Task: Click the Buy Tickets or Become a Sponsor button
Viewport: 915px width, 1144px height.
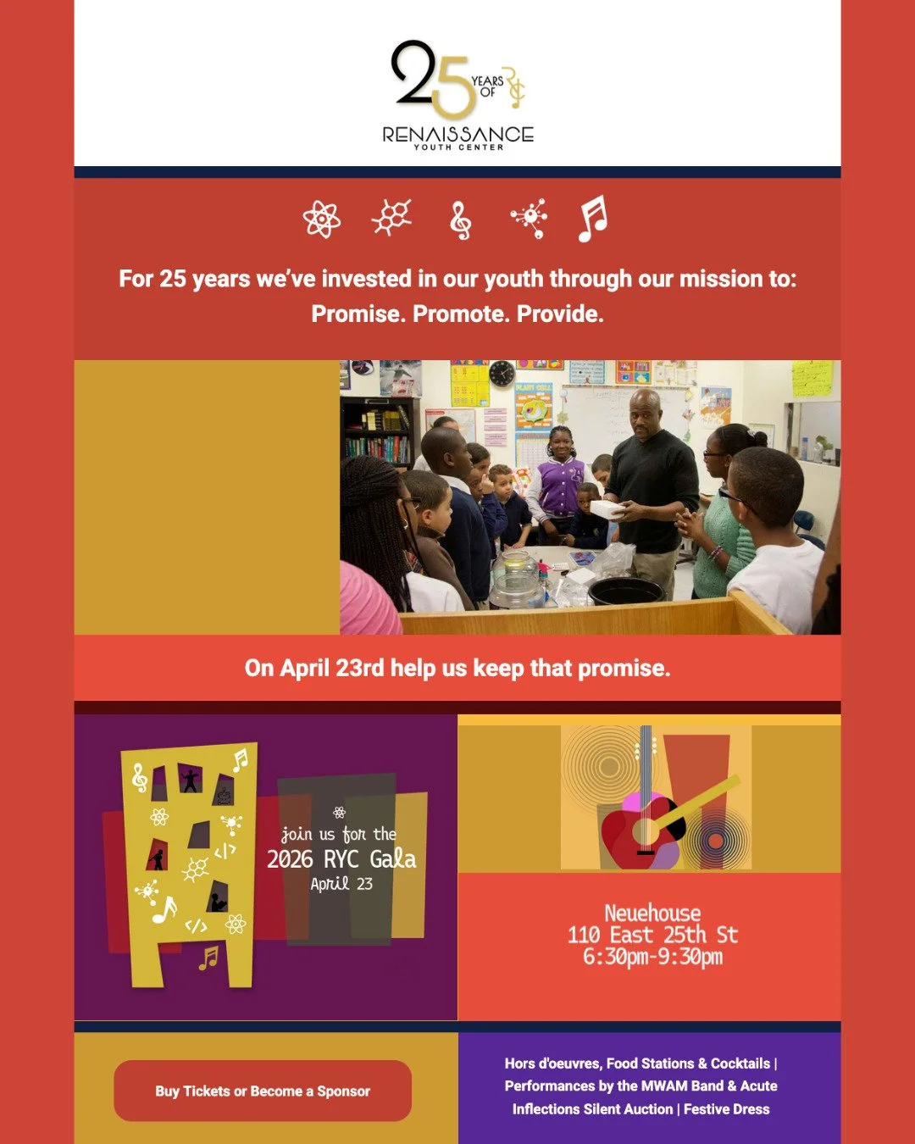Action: click(263, 1091)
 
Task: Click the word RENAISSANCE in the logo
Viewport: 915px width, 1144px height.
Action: click(457, 134)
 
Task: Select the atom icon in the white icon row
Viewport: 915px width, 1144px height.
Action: click(322, 219)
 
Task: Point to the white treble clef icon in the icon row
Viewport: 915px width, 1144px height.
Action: click(460, 220)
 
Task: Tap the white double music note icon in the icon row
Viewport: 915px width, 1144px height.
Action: click(593, 219)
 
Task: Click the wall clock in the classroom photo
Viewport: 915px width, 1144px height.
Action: click(502, 373)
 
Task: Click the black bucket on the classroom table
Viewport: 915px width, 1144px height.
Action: click(626, 591)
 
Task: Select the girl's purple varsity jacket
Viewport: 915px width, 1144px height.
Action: click(558, 487)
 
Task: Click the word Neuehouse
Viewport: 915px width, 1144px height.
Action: click(652, 913)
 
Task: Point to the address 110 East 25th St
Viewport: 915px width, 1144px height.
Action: click(652, 935)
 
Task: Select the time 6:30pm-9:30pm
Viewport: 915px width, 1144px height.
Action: click(652, 957)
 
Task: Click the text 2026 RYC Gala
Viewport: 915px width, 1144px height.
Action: click(341, 859)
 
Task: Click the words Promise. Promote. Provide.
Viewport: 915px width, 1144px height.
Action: click(457, 314)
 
